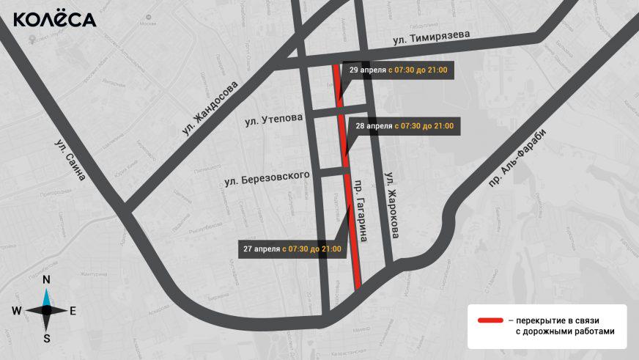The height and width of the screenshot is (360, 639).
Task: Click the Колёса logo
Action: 55,19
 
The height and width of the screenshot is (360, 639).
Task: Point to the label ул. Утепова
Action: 273,120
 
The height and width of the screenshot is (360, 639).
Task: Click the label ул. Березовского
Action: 267,177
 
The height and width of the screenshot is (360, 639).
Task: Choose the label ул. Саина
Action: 70,160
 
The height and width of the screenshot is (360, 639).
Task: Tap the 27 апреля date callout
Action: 293,249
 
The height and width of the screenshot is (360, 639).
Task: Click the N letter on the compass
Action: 46,279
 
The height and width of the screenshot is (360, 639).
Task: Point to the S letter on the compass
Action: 46,339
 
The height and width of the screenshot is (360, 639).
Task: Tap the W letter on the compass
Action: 16,311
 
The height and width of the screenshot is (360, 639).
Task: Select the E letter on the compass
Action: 73,311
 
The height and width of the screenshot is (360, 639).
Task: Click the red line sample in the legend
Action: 490,321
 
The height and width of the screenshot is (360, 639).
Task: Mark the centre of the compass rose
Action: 46,310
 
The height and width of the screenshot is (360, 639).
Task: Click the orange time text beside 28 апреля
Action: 424,126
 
